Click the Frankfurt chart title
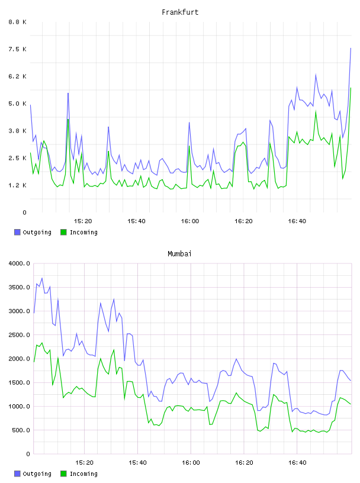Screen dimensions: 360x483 pyautogui.click(x=180, y=12)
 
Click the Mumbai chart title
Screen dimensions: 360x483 pyautogui.click(x=179, y=254)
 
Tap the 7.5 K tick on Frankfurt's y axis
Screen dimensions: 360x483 pyautogui.click(x=17, y=49)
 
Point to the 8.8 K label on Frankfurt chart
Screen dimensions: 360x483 pyautogui.click(x=17, y=22)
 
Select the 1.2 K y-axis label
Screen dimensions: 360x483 pyautogui.click(x=17, y=185)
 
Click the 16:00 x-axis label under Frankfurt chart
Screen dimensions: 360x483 pyautogui.click(x=190, y=221)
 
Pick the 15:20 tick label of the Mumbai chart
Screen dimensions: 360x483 pyautogui.click(x=84, y=463)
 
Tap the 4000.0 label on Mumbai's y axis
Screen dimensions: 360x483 pyautogui.click(x=19, y=263)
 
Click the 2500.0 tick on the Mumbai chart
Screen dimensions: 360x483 pyautogui.click(x=19, y=335)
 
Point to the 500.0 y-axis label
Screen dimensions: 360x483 pyautogui.click(x=21, y=430)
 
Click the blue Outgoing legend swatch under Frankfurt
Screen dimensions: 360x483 pyautogui.click(x=17, y=232)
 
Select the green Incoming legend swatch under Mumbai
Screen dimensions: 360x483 pyautogui.click(x=63, y=474)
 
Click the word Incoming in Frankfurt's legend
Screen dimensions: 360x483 pyautogui.click(x=83, y=233)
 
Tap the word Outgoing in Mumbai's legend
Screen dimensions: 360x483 pyautogui.click(x=37, y=474)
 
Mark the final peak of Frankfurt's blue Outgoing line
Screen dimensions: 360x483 pyautogui.click(x=351, y=48)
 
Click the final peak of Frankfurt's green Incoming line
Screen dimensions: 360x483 pyautogui.click(x=351, y=88)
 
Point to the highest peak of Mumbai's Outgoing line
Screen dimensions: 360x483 pyautogui.click(x=42, y=278)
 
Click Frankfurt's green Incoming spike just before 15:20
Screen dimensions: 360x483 pyautogui.click(x=68, y=119)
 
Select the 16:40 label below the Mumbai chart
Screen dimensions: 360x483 pyautogui.click(x=297, y=463)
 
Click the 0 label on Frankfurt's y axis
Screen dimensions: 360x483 pyautogui.click(x=24, y=212)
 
